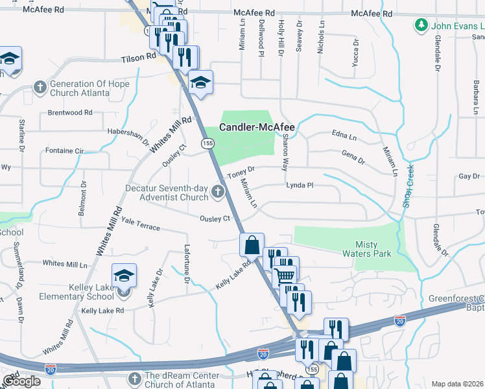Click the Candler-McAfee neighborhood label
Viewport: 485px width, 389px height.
tap(257, 128)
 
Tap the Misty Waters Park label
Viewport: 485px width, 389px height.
tap(373, 249)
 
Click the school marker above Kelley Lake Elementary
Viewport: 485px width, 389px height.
tap(124, 276)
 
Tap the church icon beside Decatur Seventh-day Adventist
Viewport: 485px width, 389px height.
tap(218, 191)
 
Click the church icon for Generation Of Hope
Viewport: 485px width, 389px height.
tap(40, 87)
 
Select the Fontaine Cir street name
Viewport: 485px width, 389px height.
tap(65, 151)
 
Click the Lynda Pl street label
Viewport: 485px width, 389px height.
tap(300, 185)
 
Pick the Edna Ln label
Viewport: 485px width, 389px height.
tap(344, 137)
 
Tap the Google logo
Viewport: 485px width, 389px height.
tap(21, 381)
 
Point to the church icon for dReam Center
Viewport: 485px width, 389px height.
tap(134, 379)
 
